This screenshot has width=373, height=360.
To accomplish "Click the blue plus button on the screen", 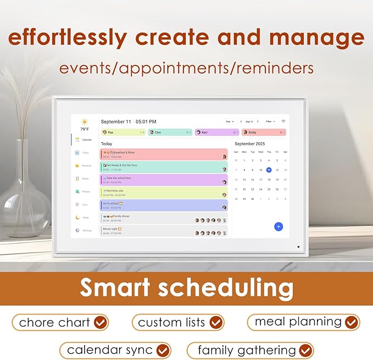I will click(x=279, y=226).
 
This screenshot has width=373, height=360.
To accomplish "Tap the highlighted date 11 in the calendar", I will click(x=269, y=170).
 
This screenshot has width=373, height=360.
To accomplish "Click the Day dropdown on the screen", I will click(x=230, y=121).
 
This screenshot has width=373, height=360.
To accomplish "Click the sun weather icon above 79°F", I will click(x=85, y=122).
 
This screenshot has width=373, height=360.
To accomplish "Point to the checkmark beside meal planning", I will click(x=351, y=322).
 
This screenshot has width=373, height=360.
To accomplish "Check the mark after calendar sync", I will click(x=163, y=350).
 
